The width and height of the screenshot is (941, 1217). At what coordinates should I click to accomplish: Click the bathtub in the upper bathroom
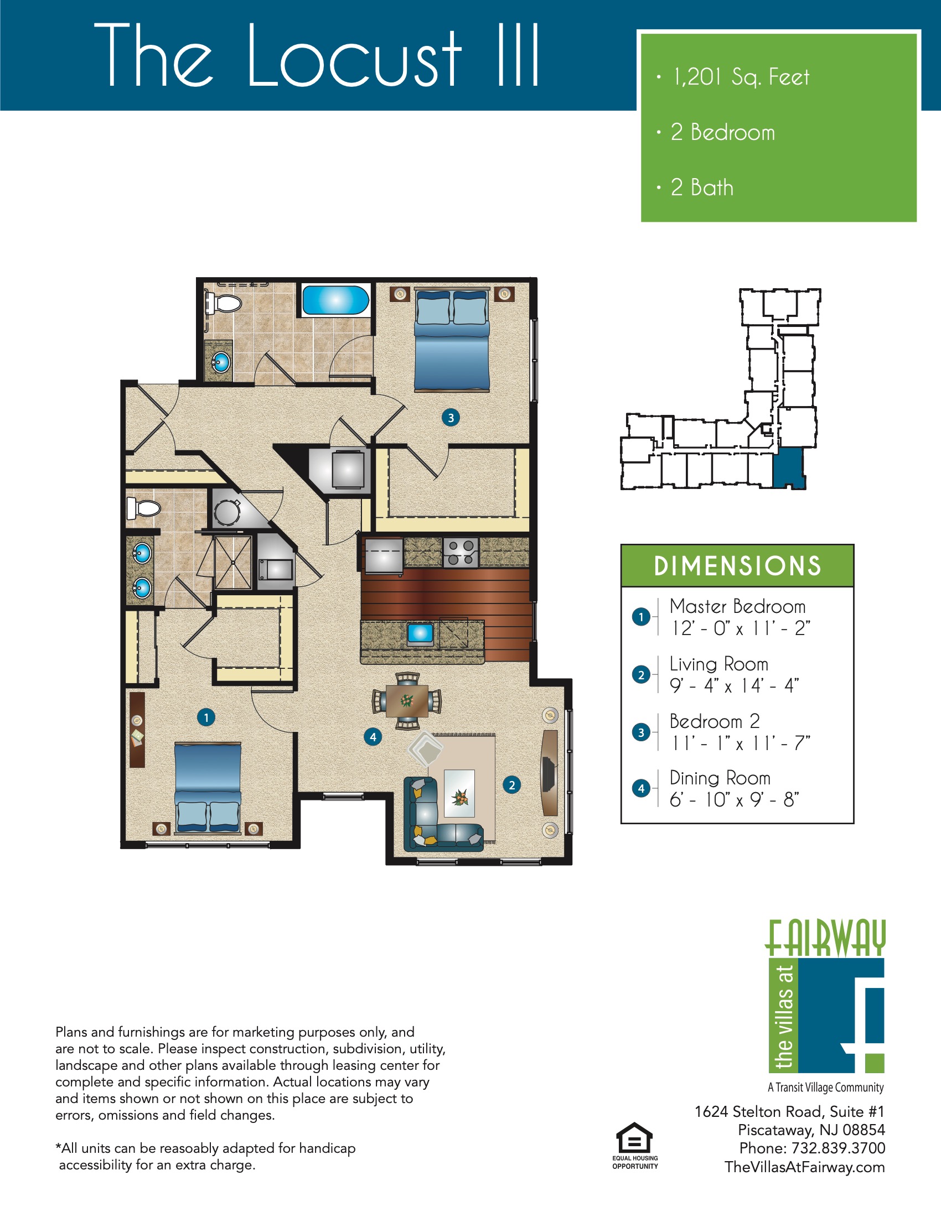pyautogui.click(x=335, y=300)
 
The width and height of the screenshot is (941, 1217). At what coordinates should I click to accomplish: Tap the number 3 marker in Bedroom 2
pyautogui.click(x=451, y=417)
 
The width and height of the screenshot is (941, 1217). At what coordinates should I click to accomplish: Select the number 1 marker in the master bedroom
pyautogui.click(x=206, y=717)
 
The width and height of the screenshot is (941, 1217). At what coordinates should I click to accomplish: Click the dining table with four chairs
pyautogui.click(x=407, y=701)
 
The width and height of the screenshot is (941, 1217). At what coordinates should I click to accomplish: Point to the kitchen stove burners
pyautogui.click(x=461, y=552)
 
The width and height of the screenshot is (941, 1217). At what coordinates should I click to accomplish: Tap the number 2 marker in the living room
pyautogui.click(x=511, y=785)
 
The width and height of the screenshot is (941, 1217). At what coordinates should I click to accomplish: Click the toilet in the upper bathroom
pyautogui.click(x=225, y=303)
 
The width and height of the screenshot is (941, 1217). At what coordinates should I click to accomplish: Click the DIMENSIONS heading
pyautogui.click(x=737, y=565)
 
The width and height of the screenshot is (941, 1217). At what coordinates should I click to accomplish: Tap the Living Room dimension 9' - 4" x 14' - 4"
pyautogui.click(x=734, y=685)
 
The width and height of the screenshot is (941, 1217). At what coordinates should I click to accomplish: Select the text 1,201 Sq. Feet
pyautogui.click(x=741, y=77)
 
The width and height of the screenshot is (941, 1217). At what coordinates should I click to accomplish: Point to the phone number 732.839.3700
pyautogui.click(x=838, y=1148)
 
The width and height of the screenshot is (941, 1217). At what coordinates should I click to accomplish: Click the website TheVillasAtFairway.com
pyautogui.click(x=804, y=1167)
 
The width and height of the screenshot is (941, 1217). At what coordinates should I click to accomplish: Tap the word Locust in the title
pyautogui.click(x=354, y=56)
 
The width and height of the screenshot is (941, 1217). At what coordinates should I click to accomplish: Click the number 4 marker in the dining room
pyautogui.click(x=373, y=737)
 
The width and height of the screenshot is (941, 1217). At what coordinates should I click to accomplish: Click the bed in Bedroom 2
pyautogui.click(x=452, y=340)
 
